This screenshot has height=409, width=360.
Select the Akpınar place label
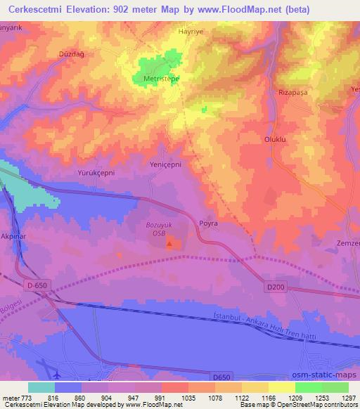point(13,238)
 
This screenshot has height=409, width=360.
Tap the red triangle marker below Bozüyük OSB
point(169,245)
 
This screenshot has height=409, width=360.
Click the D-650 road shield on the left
point(37,285)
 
